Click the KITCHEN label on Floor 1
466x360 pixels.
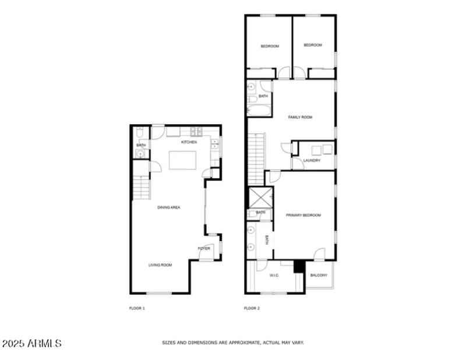pos(189,142)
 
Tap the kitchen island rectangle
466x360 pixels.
pos(182,160)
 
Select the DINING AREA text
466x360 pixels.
pos(168,207)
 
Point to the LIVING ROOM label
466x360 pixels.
pos(160,265)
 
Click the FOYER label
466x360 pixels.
pos(204,249)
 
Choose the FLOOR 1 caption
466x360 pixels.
pos(137,308)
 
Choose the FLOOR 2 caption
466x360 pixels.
pos(252,308)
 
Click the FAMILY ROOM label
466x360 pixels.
pos(300,117)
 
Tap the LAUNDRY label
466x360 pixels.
pos(312,160)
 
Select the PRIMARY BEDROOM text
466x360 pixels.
pos(303,215)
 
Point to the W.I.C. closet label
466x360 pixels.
pos(274,275)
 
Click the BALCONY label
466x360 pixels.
pos(319,275)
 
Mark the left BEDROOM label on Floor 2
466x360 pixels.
pos(269,46)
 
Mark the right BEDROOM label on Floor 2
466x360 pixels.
pos(313,45)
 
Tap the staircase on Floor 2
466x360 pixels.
pos(257,157)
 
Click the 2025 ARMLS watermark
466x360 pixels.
pos(32,344)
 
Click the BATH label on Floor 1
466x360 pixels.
pos(141,145)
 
